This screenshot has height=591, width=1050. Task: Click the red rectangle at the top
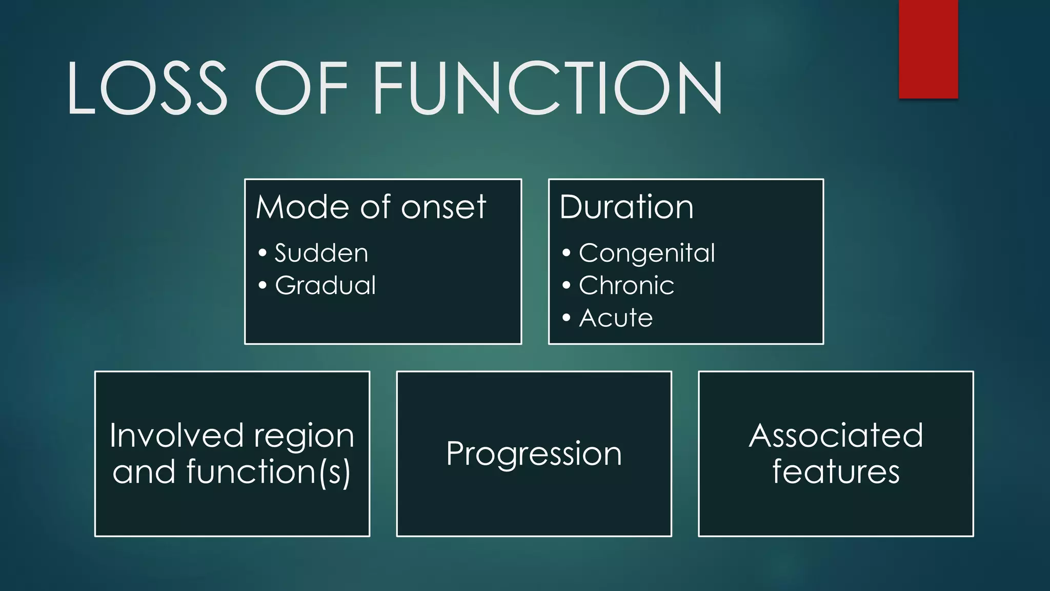pyautogui.click(x=928, y=49)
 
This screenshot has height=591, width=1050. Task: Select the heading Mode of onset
pyautogui.click(x=370, y=207)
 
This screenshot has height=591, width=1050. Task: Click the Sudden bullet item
pyautogui.click(x=321, y=253)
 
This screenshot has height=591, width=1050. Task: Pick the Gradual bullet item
pyautogui.click(x=325, y=285)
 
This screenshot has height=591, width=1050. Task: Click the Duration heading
pyautogui.click(x=626, y=207)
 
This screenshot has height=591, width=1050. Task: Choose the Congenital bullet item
pyautogui.click(x=647, y=253)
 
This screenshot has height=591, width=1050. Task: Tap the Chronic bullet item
pyautogui.click(x=626, y=285)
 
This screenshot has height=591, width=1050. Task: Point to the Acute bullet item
pyautogui.click(x=616, y=318)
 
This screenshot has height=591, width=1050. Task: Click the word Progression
pyautogui.click(x=534, y=454)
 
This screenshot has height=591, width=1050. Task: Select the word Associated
pyautogui.click(x=836, y=436)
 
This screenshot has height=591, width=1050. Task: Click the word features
pyautogui.click(x=836, y=471)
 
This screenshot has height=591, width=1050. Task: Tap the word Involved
pyautogui.click(x=176, y=436)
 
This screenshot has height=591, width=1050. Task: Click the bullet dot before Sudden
pyautogui.click(x=262, y=252)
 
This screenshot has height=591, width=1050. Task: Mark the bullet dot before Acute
pyautogui.click(x=566, y=318)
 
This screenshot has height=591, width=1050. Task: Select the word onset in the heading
pyautogui.click(x=443, y=208)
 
